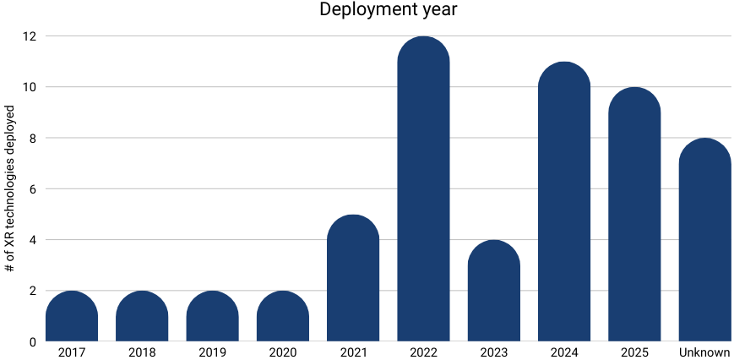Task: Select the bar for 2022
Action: coord(423,190)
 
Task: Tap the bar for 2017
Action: coord(72,317)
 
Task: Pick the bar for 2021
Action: coord(353,279)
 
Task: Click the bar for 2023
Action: coord(493,292)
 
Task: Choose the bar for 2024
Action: coord(563,203)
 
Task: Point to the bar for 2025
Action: coord(634,215)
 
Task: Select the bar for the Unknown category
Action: coord(704,241)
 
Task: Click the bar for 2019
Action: coord(212,317)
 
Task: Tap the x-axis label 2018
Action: coord(142,351)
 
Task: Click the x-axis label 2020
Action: coord(282,351)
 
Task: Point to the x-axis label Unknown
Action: coord(704,351)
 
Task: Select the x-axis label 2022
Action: coord(423,351)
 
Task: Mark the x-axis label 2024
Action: coord(563,351)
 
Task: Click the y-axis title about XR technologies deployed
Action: coord(10,188)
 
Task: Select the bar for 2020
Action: coord(282,317)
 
